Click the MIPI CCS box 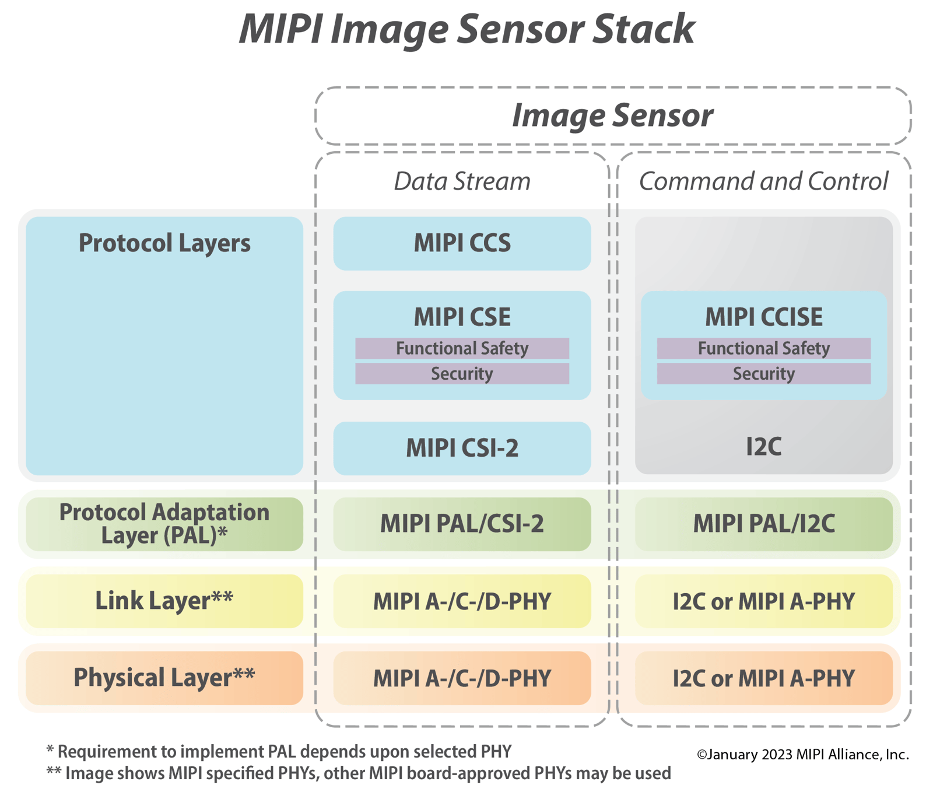click(462, 243)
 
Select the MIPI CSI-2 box click(462, 448)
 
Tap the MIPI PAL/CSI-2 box click(462, 524)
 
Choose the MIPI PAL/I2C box click(763, 524)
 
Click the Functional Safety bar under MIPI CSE click(462, 349)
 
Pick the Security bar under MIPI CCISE click(763, 374)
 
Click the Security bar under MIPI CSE click(462, 374)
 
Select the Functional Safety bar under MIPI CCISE click(763, 349)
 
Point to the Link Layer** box click(164, 601)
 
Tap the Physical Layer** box click(164, 678)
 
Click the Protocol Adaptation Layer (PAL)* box click(164, 524)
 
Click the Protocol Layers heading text click(164, 243)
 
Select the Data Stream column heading click(462, 181)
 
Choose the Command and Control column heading click(763, 181)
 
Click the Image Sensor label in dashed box click(612, 115)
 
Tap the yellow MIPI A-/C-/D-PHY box click(462, 601)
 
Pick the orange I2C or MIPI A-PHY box click(763, 678)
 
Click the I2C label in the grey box click(763, 447)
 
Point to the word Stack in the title click(643, 29)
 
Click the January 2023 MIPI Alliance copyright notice click(802, 755)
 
